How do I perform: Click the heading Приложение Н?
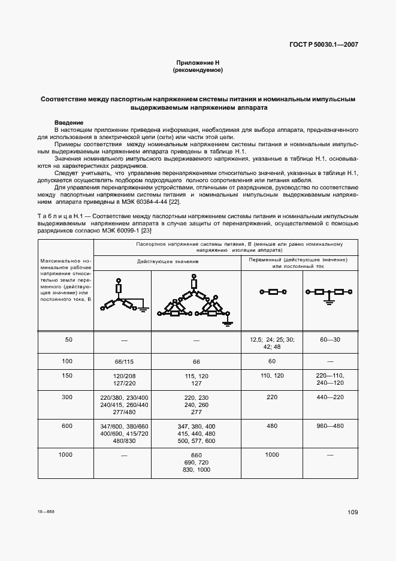tap(198, 63)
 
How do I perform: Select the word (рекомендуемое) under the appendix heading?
tap(198, 70)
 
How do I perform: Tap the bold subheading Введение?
tap(68, 122)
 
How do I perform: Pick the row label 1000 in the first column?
tap(65, 455)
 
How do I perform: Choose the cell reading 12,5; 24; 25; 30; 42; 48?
tap(272, 343)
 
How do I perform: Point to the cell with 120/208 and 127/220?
tap(122, 379)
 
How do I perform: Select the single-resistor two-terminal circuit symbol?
tap(272, 292)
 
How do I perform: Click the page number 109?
tap(352, 512)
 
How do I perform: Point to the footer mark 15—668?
tap(46, 512)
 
